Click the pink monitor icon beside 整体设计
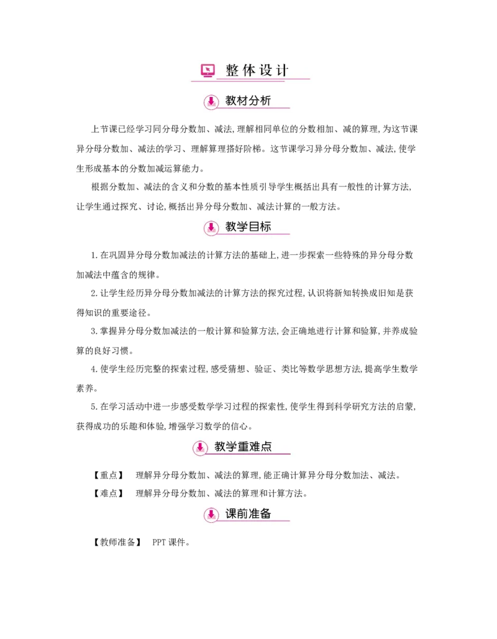(207, 70)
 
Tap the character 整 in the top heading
(232, 70)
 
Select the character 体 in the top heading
(249, 70)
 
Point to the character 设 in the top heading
(266, 70)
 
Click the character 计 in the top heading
(283, 70)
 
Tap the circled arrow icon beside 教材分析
(211, 102)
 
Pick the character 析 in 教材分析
(265, 101)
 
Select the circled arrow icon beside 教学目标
(211, 228)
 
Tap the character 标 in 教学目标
(265, 226)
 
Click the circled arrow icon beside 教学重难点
(200, 448)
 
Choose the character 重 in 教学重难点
(243, 446)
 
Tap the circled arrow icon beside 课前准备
(211, 515)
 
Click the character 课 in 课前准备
(231, 513)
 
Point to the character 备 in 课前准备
(265, 513)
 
